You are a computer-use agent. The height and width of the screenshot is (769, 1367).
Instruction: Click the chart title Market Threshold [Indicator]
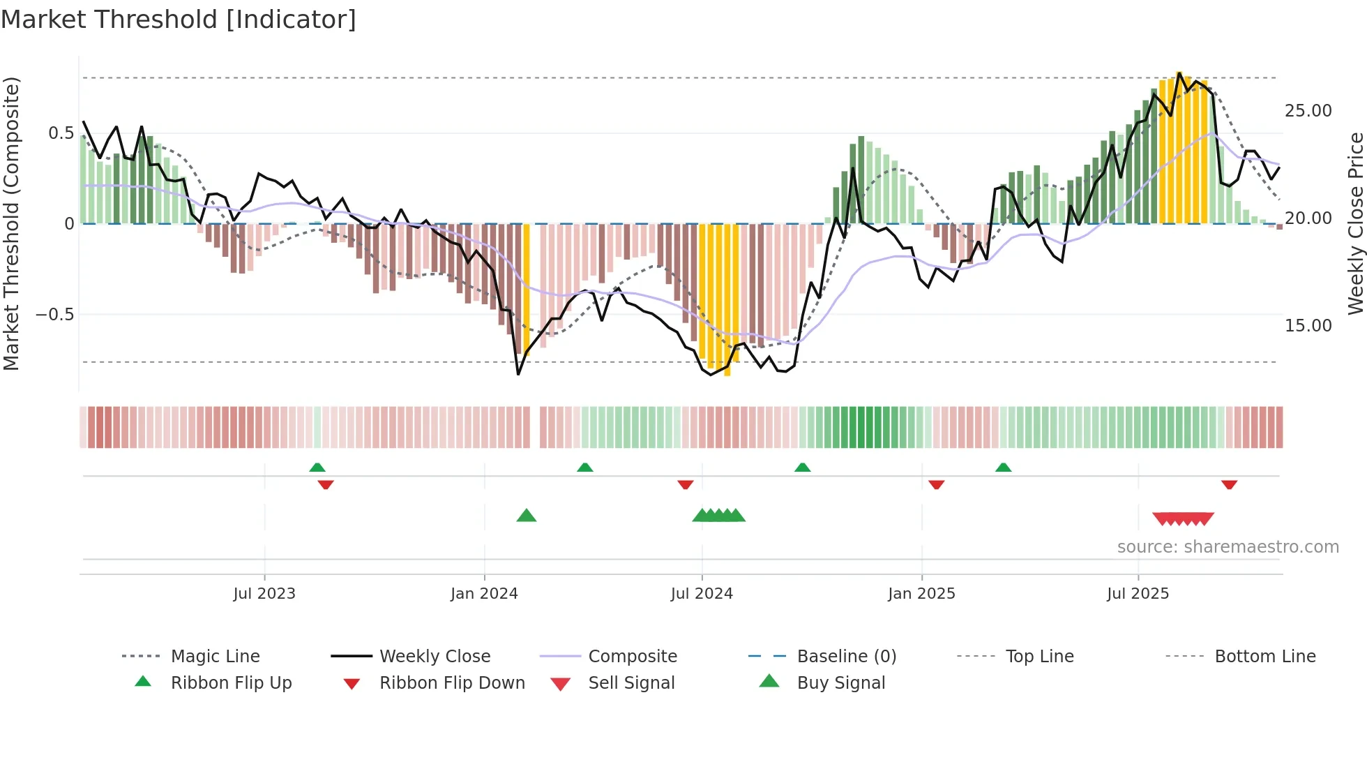pyautogui.click(x=179, y=20)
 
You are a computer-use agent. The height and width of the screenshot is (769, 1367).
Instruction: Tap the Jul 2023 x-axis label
pyautogui.click(x=264, y=593)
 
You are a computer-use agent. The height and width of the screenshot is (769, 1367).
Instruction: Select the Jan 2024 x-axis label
pyautogui.click(x=484, y=593)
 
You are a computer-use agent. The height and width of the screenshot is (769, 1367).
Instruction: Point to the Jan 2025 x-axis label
pyautogui.click(x=921, y=593)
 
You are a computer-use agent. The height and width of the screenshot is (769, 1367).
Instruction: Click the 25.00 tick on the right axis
pyautogui.click(x=1308, y=110)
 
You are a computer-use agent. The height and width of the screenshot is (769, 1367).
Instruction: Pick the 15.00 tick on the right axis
pyautogui.click(x=1308, y=325)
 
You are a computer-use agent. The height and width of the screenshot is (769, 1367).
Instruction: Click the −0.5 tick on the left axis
pyautogui.click(x=54, y=315)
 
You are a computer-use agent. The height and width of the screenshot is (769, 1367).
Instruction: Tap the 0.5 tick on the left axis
pyautogui.click(x=61, y=133)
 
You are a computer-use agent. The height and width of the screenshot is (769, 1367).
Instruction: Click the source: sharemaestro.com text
pyautogui.click(x=1228, y=546)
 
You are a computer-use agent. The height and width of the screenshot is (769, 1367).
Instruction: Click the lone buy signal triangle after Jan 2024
pyautogui.click(x=527, y=516)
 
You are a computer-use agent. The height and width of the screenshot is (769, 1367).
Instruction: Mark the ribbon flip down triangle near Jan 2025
pyautogui.click(x=937, y=484)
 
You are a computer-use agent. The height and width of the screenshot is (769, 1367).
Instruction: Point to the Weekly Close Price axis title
pyautogui.click(x=1355, y=223)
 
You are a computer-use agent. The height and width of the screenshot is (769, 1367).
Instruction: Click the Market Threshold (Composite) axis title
pyautogui.click(x=11, y=223)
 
